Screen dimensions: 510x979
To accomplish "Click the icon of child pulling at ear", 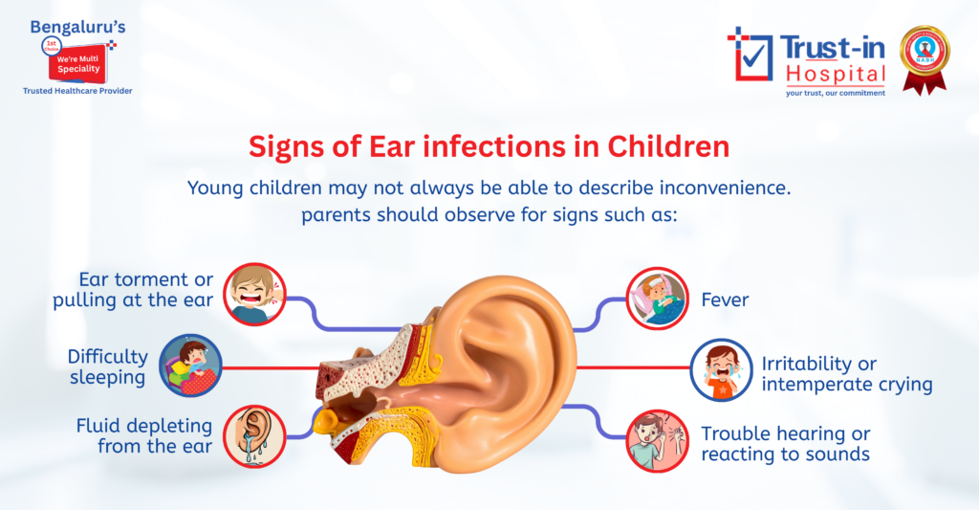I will click(x=255, y=294).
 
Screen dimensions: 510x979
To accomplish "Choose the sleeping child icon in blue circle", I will click(x=190, y=365).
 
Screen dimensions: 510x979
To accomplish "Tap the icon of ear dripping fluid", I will click(x=255, y=435).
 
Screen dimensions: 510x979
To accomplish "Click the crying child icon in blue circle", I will click(x=722, y=369).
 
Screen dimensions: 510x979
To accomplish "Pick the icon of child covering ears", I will click(x=658, y=440).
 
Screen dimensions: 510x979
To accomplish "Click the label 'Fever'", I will click(x=725, y=300).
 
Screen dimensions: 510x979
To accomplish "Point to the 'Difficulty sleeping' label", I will click(x=107, y=366).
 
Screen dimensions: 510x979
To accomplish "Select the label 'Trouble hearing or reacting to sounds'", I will click(x=786, y=444).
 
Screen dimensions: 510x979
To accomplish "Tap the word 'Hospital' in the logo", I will click(x=836, y=73).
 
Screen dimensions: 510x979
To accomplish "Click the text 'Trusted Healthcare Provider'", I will click(x=77, y=91).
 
